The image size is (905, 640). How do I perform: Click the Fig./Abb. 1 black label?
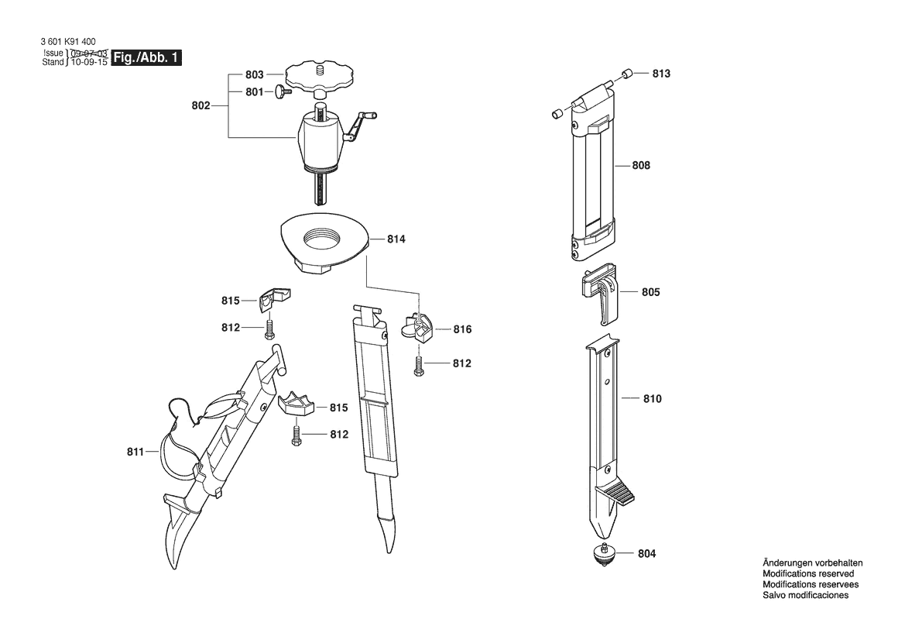pos(146,58)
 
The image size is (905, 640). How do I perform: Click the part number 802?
pos(201,105)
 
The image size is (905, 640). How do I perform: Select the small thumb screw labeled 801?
pos(283,91)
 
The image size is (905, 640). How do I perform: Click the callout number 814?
pos(396,239)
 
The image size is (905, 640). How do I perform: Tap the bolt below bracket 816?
pos(419,366)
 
